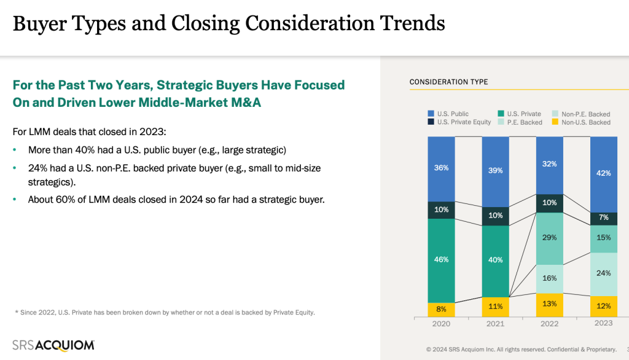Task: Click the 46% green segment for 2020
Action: [x=441, y=260]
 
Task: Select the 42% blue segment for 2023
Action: [x=603, y=173]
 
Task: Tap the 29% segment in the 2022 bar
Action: [x=550, y=238]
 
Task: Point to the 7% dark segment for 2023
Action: [x=603, y=218]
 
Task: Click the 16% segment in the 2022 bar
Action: [x=550, y=278]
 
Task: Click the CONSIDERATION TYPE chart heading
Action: [x=448, y=82]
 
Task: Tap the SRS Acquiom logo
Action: [x=53, y=345]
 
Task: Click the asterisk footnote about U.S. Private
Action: [x=165, y=312]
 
